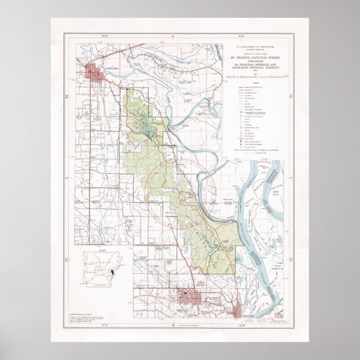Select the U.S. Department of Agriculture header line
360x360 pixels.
pyautogui.click(x=258, y=46)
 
